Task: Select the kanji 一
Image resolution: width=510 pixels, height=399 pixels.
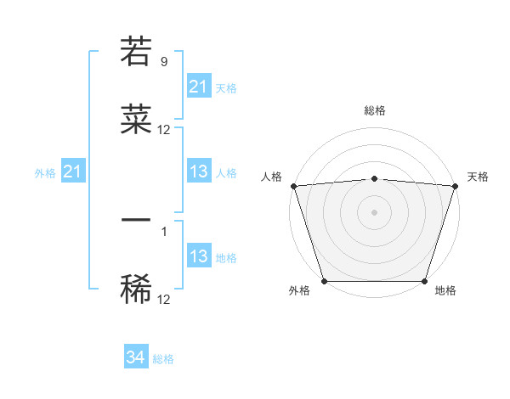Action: tap(136, 221)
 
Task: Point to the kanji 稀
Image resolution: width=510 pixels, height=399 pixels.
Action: tap(136, 289)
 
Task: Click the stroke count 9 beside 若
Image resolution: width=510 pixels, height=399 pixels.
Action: tap(163, 61)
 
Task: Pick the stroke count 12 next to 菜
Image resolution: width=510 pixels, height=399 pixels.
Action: tap(164, 130)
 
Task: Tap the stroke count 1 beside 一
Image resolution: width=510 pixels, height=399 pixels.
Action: tap(163, 231)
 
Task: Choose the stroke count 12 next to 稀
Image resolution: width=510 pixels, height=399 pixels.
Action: tap(164, 299)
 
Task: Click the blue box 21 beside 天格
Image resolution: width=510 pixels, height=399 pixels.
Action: tap(199, 87)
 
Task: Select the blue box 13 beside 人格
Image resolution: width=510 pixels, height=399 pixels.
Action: tap(199, 171)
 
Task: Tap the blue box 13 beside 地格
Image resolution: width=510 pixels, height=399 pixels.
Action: tap(199, 256)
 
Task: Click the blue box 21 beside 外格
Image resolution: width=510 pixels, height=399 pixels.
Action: tap(73, 171)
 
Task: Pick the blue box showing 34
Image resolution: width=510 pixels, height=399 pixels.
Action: tap(136, 358)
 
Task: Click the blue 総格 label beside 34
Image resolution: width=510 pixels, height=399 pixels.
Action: tap(163, 359)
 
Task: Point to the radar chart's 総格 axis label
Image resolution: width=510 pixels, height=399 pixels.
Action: tap(374, 110)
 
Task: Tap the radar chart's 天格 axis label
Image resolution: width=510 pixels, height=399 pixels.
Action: tap(479, 177)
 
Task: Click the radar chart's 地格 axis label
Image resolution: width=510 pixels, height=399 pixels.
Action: tap(445, 290)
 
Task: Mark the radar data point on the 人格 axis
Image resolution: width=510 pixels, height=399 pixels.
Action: tap(293, 186)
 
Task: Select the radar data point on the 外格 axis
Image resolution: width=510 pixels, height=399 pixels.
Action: tap(324, 281)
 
